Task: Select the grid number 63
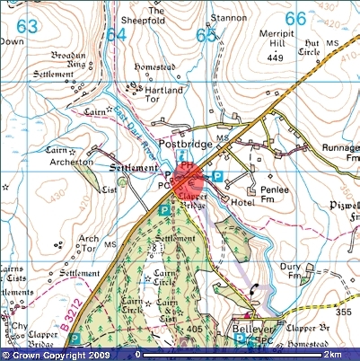point(27,27)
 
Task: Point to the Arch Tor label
point(89,238)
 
